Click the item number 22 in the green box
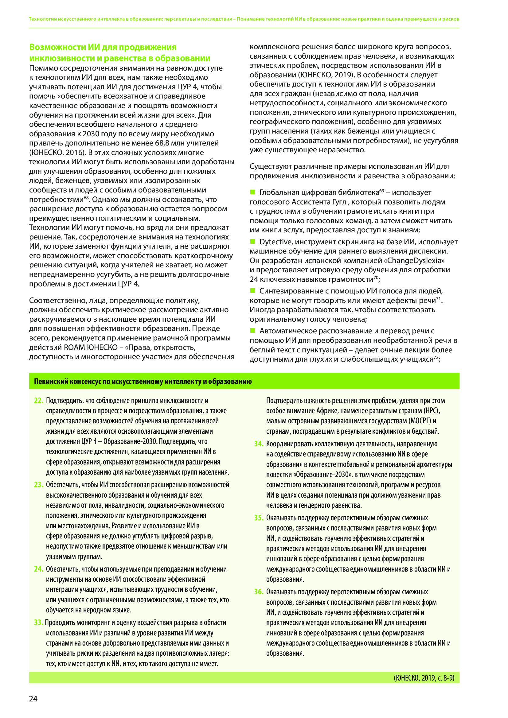(38, 401)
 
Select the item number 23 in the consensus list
(38, 485)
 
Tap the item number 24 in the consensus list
(38, 569)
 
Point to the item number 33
(38, 623)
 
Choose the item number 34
(259, 444)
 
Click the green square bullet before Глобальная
(252, 192)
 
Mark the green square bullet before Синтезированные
(252, 290)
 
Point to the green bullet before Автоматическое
(252, 330)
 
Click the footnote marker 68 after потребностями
(86, 198)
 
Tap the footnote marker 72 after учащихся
(436, 357)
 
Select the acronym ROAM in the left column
(74, 347)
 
